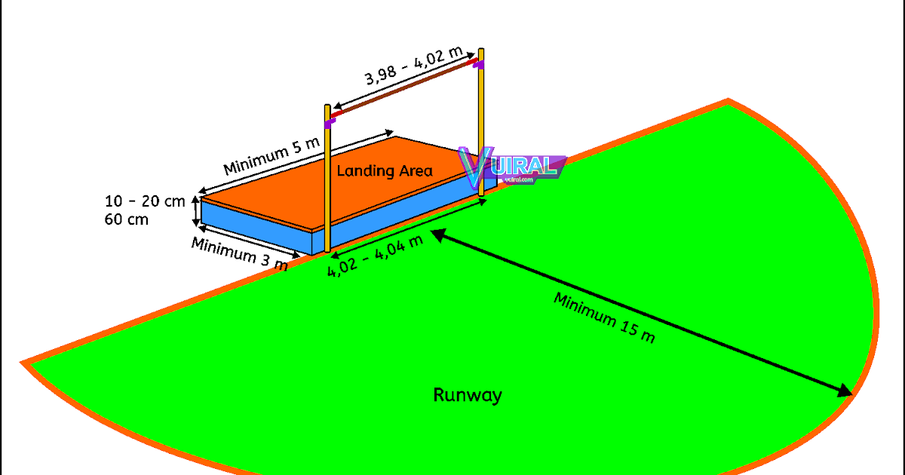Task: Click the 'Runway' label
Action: (x=468, y=395)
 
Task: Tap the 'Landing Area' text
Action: (x=385, y=171)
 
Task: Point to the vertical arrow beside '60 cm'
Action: (x=196, y=210)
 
